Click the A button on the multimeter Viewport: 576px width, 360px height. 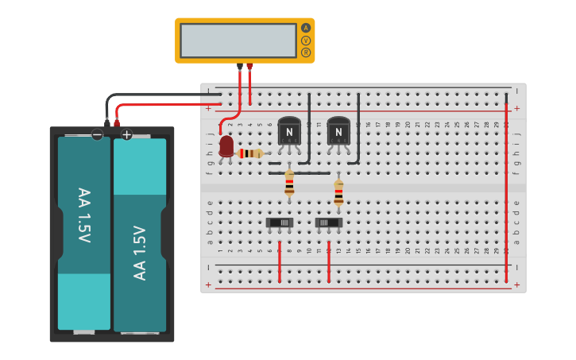pos(306,28)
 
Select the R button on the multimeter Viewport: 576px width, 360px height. pos(306,52)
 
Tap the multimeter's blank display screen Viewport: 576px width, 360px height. pos(238,40)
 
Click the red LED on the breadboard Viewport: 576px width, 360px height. pos(226,145)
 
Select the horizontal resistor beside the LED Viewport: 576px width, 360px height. pos(251,153)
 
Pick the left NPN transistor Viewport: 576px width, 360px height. pos(289,131)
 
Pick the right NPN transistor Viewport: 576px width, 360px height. pos(338,131)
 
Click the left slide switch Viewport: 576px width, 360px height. pos(279,223)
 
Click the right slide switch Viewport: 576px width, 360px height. pos(328,223)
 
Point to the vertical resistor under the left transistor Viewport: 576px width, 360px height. pos(289,184)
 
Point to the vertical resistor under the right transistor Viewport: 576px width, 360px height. pos(338,192)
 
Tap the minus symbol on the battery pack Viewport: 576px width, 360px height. pos(97,135)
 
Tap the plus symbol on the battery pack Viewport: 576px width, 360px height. pos(126,135)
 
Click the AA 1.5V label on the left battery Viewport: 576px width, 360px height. pos(83,215)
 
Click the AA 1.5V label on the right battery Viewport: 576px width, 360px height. pos(140,253)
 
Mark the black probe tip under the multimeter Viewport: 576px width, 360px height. pos(240,67)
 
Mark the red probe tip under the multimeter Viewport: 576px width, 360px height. pos(249,67)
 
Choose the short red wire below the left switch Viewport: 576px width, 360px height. pos(279,262)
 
